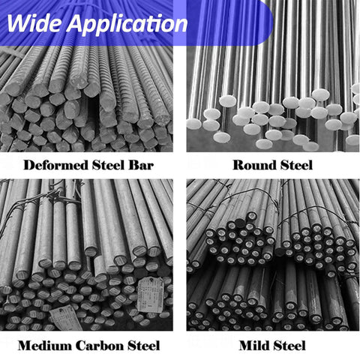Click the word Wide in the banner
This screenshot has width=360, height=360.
coord(34,23)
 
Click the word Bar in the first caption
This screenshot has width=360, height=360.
coord(141,165)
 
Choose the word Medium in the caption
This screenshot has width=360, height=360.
coord(45,346)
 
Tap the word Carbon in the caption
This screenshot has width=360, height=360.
coord(100,346)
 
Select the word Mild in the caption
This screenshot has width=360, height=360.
coord(253,346)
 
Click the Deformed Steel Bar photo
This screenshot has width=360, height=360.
coord(86,99)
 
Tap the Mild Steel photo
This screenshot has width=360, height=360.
coord(273,255)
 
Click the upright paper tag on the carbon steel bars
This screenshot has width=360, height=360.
coord(150,295)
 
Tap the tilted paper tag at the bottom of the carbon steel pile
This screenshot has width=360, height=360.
coord(66,317)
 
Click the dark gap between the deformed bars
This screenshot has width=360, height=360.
coord(94,110)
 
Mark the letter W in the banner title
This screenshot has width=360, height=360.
coord(19,23)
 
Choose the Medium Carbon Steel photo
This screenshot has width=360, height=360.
coord(86,255)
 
